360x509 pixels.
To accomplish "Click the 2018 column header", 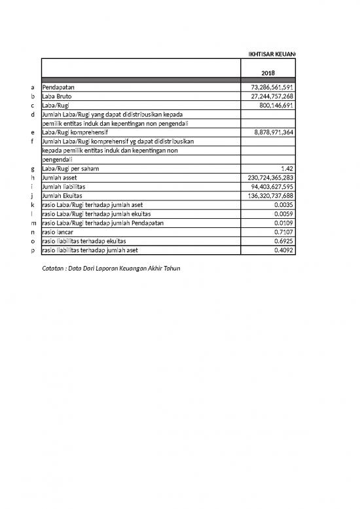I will [x=268, y=73].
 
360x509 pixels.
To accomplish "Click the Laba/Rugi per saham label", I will [x=69, y=168].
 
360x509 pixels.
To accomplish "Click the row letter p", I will [x=33, y=250].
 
